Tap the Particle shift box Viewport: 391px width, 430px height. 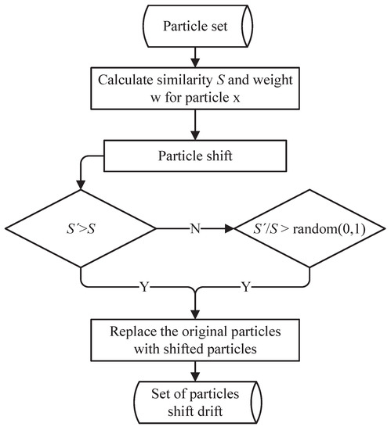point(196,155)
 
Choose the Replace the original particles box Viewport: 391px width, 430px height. point(196,338)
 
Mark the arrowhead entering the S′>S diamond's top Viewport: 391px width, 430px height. point(81,185)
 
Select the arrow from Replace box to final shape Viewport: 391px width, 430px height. point(196,370)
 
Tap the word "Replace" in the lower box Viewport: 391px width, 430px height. point(136,330)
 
